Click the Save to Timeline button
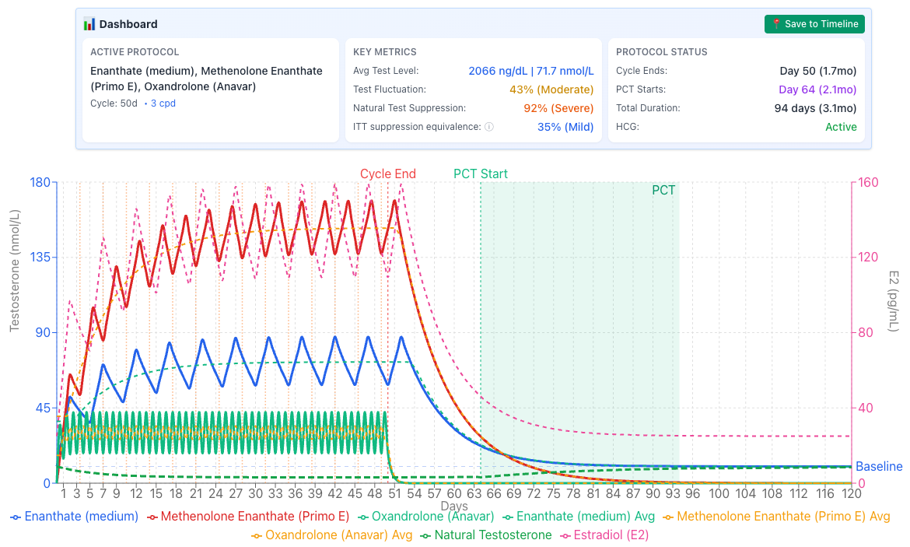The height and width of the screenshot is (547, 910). click(814, 24)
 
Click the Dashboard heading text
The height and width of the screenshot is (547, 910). click(128, 24)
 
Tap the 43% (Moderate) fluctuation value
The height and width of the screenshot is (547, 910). click(551, 89)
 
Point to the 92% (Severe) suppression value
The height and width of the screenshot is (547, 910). click(558, 108)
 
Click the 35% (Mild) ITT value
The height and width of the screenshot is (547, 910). click(565, 127)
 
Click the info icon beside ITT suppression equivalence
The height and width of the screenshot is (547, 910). click(489, 127)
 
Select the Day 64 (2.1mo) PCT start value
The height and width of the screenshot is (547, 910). click(817, 89)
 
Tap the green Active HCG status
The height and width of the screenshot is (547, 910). click(841, 127)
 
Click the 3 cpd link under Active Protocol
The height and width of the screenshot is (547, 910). click(163, 103)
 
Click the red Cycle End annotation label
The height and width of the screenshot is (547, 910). click(387, 174)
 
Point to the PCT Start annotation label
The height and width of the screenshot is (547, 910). click(481, 174)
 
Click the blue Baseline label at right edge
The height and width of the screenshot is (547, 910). click(879, 467)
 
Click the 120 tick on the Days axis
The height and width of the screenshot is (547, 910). click(852, 493)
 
